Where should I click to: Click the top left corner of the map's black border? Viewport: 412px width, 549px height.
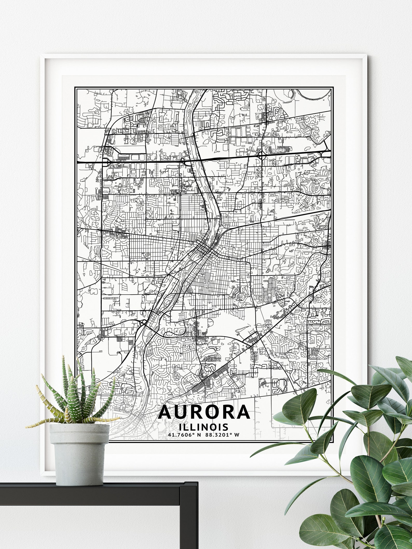pyautogui.click(x=75, y=87)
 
